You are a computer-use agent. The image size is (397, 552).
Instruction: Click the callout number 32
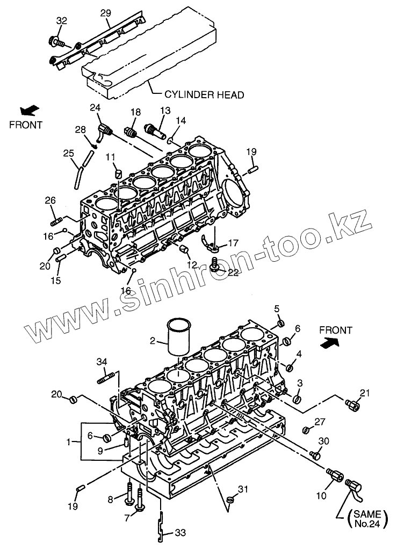(x=62, y=21)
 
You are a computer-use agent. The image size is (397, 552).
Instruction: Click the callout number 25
(x=68, y=154)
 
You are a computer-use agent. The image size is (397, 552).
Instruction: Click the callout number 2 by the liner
(x=153, y=341)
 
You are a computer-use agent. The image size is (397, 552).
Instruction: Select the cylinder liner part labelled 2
(x=178, y=337)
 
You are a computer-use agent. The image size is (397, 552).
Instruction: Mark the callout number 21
(x=365, y=394)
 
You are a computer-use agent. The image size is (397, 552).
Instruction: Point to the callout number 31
(x=243, y=489)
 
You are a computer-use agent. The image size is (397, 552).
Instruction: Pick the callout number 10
(x=321, y=496)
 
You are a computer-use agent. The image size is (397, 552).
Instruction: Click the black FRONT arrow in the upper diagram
(x=30, y=110)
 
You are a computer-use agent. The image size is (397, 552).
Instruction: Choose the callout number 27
(x=320, y=423)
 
